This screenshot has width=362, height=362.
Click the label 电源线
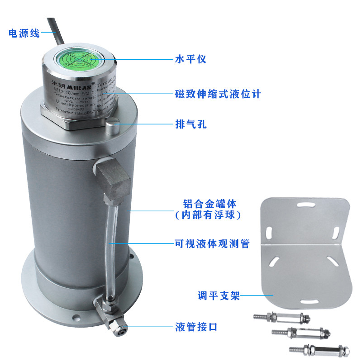click(24, 33)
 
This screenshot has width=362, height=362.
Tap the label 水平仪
click(191, 59)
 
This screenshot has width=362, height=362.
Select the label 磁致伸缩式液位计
click(218, 94)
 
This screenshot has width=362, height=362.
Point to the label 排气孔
click(191, 124)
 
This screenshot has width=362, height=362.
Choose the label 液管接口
click(196, 326)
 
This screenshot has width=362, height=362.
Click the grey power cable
click(54, 32)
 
